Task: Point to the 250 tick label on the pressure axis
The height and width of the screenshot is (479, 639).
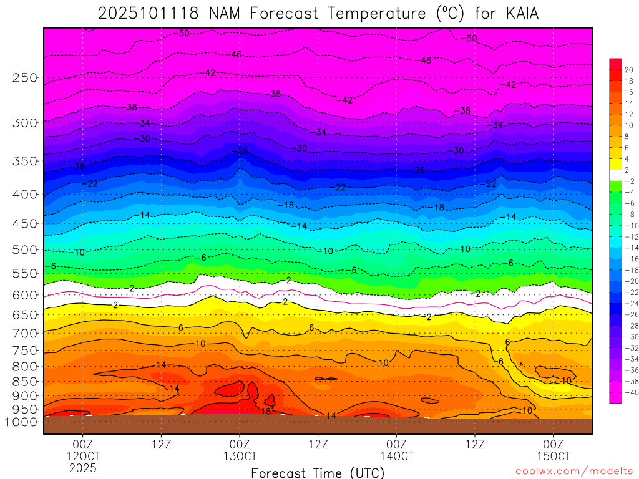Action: pos(26,78)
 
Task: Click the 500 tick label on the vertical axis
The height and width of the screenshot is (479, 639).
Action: pos(26,250)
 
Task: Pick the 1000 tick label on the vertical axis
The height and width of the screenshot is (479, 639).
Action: pos(22,422)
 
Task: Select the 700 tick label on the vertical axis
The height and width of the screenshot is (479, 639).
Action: pos(26,332)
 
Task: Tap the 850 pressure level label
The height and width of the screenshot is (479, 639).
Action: pos(26,382)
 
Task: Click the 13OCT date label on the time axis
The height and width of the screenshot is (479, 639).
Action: pos(240,456)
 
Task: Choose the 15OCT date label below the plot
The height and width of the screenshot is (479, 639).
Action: pos(554,456)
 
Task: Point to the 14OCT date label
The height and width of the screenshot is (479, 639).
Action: pos(396,456)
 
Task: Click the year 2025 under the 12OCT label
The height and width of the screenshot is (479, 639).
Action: pos(83,468)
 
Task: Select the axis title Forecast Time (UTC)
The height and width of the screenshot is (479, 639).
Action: pos(318,473)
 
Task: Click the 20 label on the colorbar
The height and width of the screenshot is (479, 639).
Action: pos(628,70)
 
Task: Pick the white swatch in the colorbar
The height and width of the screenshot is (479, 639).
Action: pos(615,175)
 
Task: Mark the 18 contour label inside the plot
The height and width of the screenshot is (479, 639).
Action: pos(266,411)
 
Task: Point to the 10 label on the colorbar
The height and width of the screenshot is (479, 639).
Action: pos(628,125)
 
